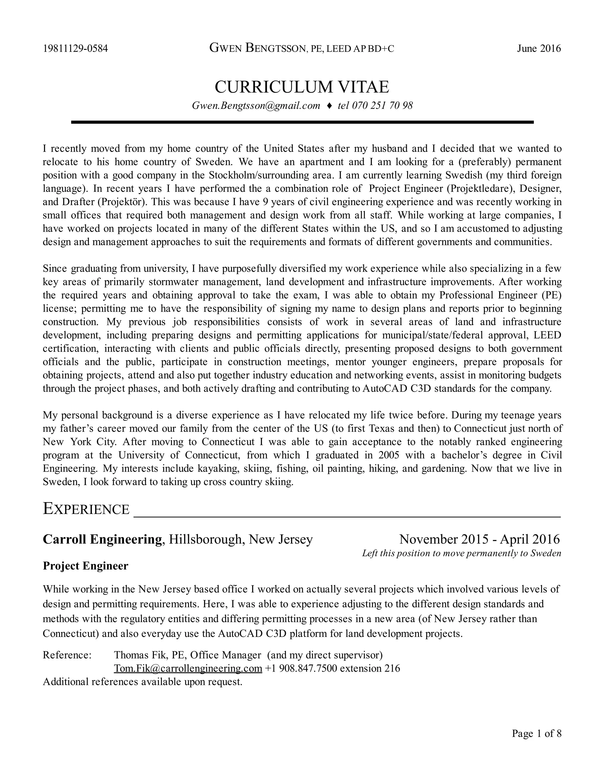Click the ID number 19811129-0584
click(x=75, y=49)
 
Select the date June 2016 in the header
click(x=539, y=49)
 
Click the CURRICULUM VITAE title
click(x=302, y=87)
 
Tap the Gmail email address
click(x=256, y=106)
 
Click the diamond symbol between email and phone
click(x=329, y=106)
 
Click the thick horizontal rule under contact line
click(x=302, y=122)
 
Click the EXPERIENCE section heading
click(x=86, y=509)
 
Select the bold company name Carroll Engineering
click(x=102, y=539)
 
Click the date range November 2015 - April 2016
click(x=479, y=539)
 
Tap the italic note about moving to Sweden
click(x=461, y=553)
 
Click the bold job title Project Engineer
click(x=85, y=566)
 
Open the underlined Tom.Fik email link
click(x=188, y=668)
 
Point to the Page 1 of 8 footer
click(x=536, y=734)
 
